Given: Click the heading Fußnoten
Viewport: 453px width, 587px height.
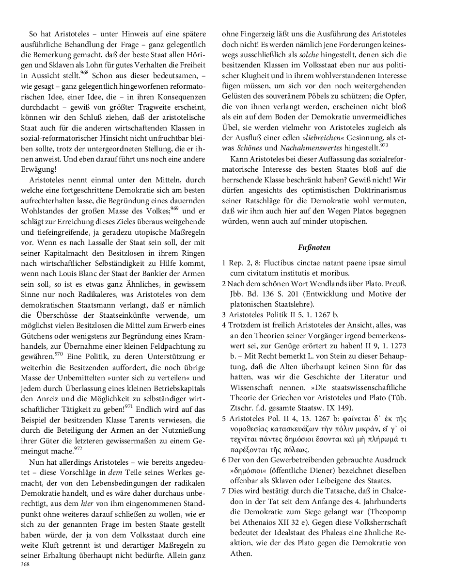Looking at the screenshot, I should tap(314, 247).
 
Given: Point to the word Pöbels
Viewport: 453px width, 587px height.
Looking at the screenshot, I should tap(318, 96).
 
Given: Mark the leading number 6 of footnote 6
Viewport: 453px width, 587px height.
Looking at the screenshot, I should tap(224, 460).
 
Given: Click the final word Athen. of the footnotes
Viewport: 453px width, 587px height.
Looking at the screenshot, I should tap(241, 553).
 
